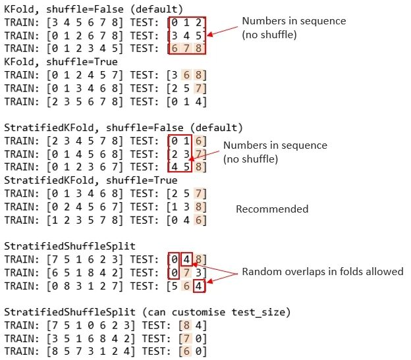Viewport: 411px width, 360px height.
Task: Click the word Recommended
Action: (272, 209)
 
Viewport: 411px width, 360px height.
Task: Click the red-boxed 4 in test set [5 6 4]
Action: (199, 286)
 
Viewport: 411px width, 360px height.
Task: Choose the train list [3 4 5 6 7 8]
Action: (82, 22)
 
